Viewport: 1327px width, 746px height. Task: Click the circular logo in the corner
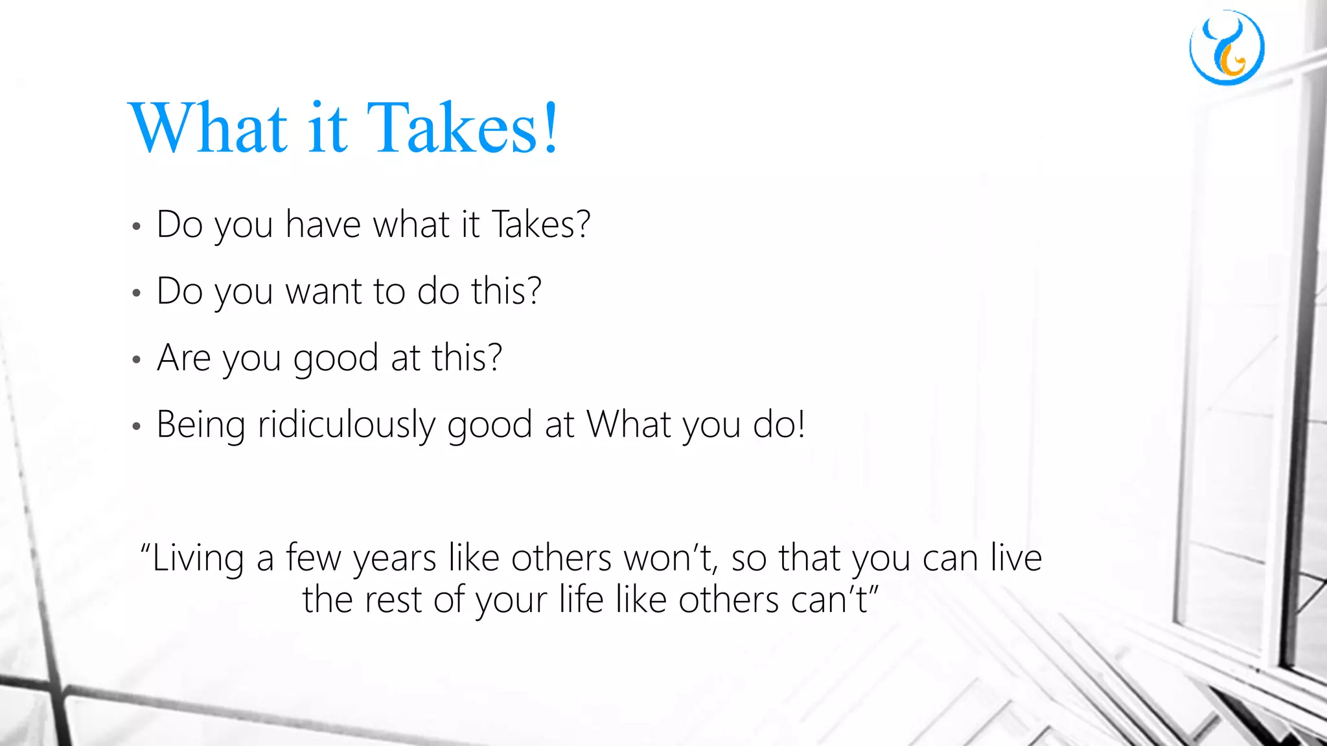coord(1227,47)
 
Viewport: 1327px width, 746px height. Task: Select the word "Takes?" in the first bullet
coord(541,225)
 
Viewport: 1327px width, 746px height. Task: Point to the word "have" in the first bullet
coord(323,225)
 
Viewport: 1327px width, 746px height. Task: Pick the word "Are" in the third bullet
coord(183,357)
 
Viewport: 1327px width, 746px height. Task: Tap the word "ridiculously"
coord(346,425)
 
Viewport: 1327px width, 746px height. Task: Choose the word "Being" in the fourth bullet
coord(201,425)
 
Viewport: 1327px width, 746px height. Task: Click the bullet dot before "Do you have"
coord(136,227)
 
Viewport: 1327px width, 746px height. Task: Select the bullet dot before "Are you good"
coord(136,359)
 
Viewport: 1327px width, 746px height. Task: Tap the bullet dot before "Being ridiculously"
coord(136,427)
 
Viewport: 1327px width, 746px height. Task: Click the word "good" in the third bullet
coord(336,359)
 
